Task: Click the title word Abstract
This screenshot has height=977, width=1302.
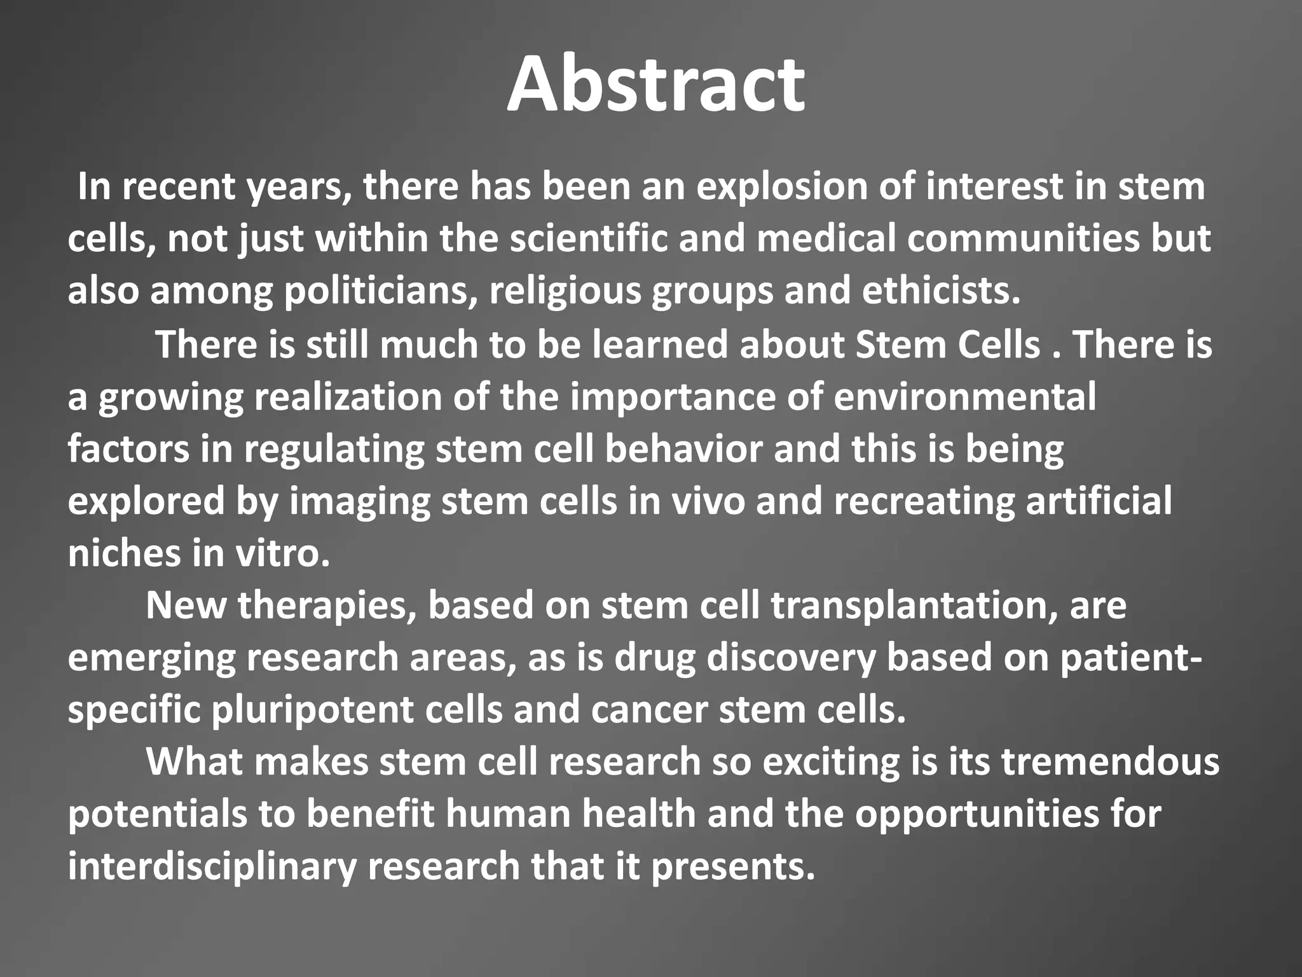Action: [655, 85]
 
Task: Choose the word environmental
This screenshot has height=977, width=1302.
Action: [964, 397]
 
